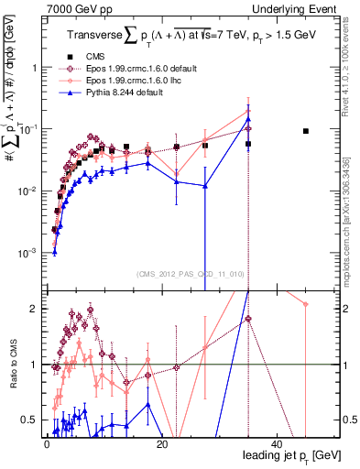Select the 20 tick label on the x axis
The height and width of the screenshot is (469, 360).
[x=161, y=444]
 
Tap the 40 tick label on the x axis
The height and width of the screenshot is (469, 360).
[x=276, y=444]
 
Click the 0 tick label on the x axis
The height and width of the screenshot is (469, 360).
[x=47, y=444]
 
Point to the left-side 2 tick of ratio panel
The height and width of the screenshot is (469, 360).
[x=33, y=309]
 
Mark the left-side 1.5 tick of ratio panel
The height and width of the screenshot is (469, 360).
[x=29, y=337]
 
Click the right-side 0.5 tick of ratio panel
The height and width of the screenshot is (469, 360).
[x=346, y=420]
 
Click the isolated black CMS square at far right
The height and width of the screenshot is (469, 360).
[x=306, y=131]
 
